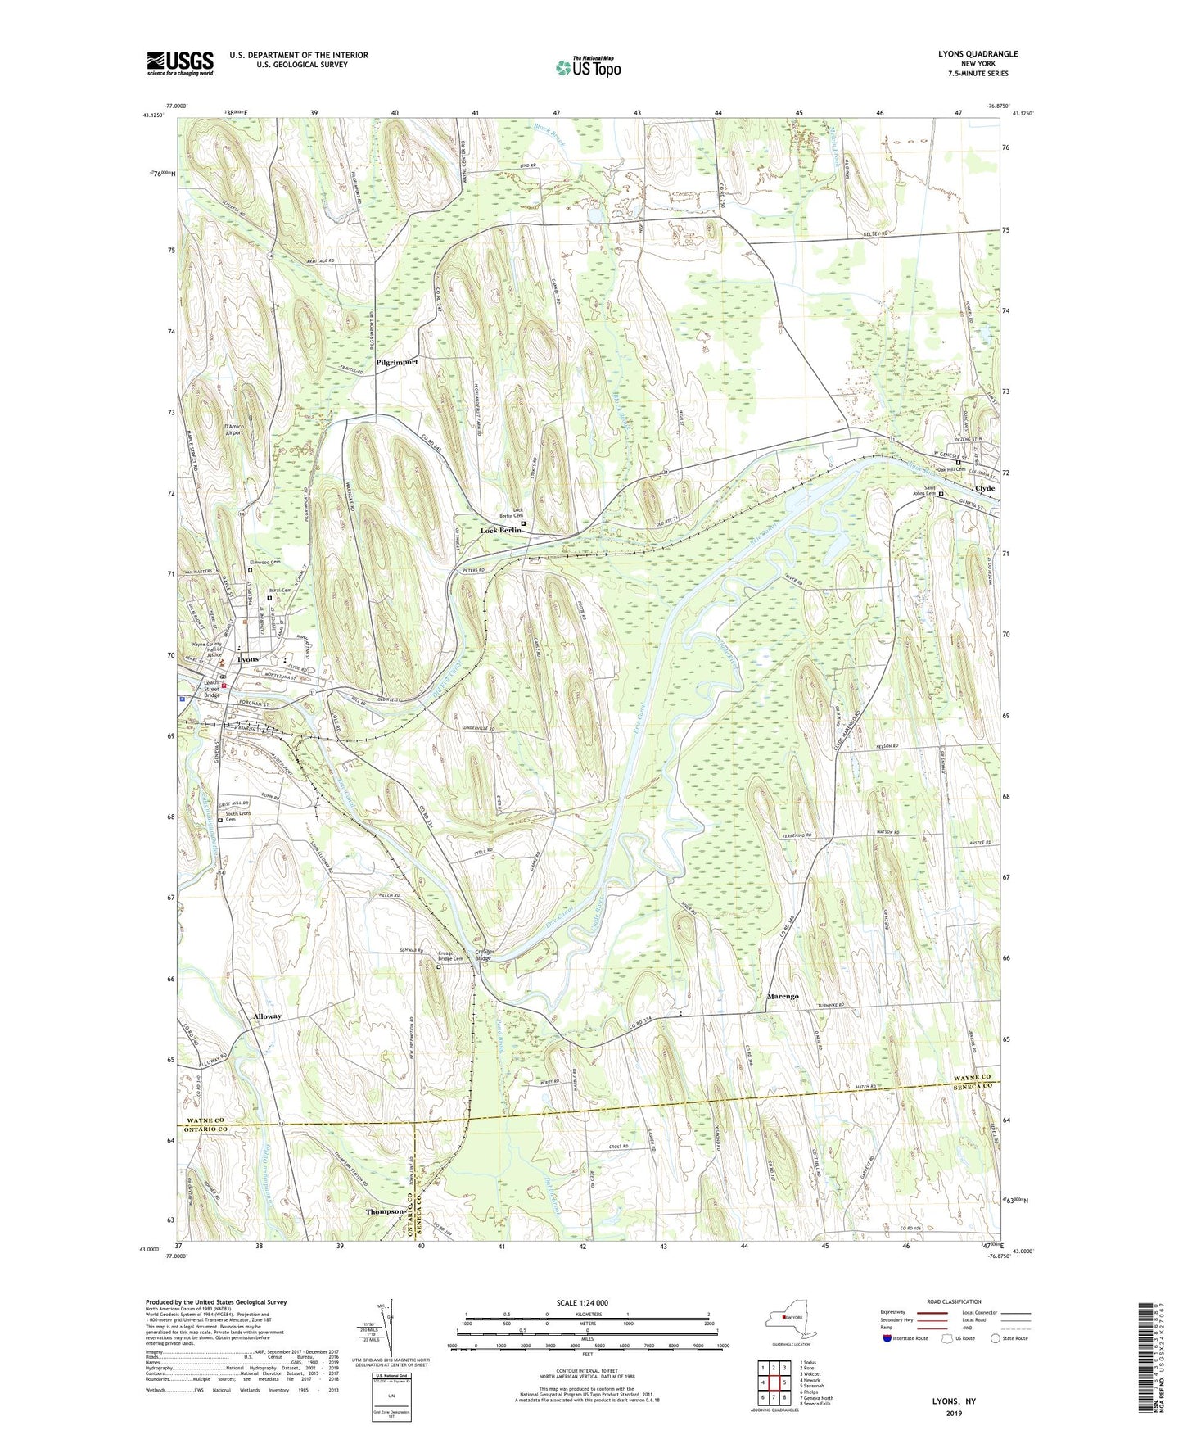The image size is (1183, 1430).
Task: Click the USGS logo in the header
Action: pyautogui.click(x=180, y=63)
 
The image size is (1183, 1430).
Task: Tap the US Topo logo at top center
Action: pyautogui.click(x=588, y=68)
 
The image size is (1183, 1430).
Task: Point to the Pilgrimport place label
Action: pyautogui.click(x=397, y=361)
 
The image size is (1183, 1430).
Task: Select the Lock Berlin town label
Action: pyautogui.click(x=500, y=531)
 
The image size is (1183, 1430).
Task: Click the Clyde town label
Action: pyautogui.click(x=985, y=488)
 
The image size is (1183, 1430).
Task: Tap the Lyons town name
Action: pyautogui.click(x=248, y=659)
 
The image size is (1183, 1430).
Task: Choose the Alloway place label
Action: pyautogui.click(x=267, y=1016)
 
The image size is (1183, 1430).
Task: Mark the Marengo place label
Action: pyautogui.click(x=783, y=997)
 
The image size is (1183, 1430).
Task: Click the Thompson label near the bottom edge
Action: pyautogui.click(x=385, y=1211)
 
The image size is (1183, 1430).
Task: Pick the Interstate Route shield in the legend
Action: pyautogui.click(x=887, y=1339)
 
